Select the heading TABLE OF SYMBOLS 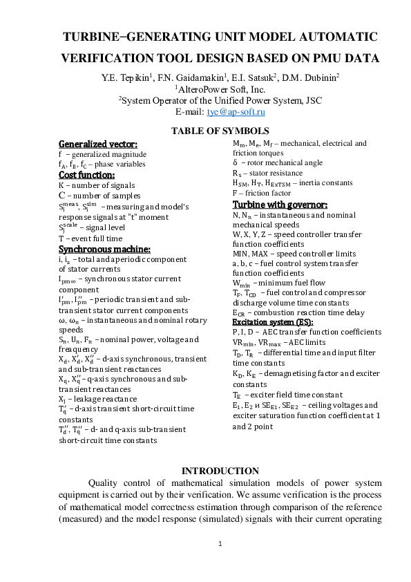coord(220,131)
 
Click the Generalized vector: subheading coord(97,144)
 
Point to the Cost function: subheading coord(86,176)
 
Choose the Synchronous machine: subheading coord(104,248)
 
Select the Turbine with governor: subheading coord(279,205)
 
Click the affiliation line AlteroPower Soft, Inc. coord(220,89)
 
